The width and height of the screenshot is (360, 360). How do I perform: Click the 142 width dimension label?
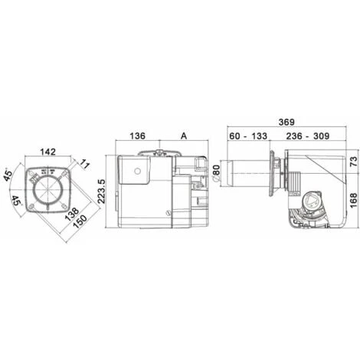[x=47, y=152]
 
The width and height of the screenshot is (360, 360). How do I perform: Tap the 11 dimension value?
[x=85, y=164]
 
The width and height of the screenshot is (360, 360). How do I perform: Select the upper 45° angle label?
[x=8, y=175]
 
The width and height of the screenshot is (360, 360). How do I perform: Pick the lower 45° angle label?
[x=17, y=201]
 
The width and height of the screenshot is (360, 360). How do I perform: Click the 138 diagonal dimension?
[x=71, y=214]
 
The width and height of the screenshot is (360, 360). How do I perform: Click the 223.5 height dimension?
[x=101, y=191]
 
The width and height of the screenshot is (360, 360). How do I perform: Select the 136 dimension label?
[x=137, y=136]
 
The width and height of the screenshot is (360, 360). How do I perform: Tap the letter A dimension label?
[x=184, y=136]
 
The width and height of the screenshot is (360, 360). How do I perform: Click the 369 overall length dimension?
[x=286, y=122]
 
